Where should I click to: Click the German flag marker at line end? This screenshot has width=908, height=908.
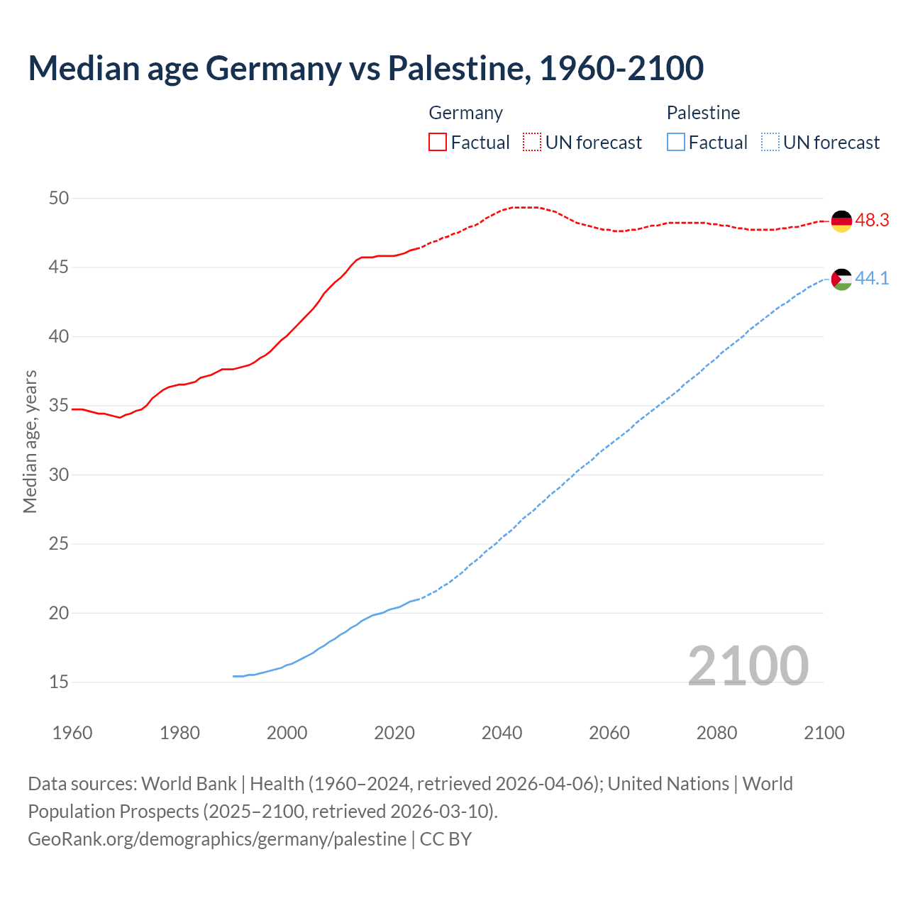(x=841, y=221)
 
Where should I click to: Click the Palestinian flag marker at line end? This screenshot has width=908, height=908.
(x=841, y=279)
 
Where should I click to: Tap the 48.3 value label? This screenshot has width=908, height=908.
(x=872, y=221)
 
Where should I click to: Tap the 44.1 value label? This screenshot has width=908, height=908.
(x=872, y=279)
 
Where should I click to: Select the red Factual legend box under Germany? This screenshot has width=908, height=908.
(x=438, y=142)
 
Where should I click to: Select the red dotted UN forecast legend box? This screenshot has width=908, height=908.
(x=532, y=142)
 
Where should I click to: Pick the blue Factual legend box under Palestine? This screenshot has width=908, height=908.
(x=675, y=142)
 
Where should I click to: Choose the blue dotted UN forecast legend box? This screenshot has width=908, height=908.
(x=770, y=142)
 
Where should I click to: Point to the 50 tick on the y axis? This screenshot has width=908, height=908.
(x=59, y=199)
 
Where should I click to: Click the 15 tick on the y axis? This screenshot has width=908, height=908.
(x=59, y=682)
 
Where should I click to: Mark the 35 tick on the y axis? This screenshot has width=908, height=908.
(x=59, y=406)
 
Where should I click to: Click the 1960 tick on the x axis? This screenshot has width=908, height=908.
(x=72, y=733)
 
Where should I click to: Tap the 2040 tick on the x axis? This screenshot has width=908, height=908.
(x=502, y=733)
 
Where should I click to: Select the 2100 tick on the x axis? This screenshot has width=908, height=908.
(x=824, y=733)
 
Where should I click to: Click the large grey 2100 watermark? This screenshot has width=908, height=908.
(x=748, y=665)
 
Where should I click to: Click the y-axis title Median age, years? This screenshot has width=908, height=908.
(x=30, y=441)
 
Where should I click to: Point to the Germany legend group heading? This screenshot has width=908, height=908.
(x=465, y=113)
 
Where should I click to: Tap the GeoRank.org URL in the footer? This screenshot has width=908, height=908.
(x=217, y=838)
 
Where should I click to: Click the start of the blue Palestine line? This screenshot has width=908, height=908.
(x=234, y=676)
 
